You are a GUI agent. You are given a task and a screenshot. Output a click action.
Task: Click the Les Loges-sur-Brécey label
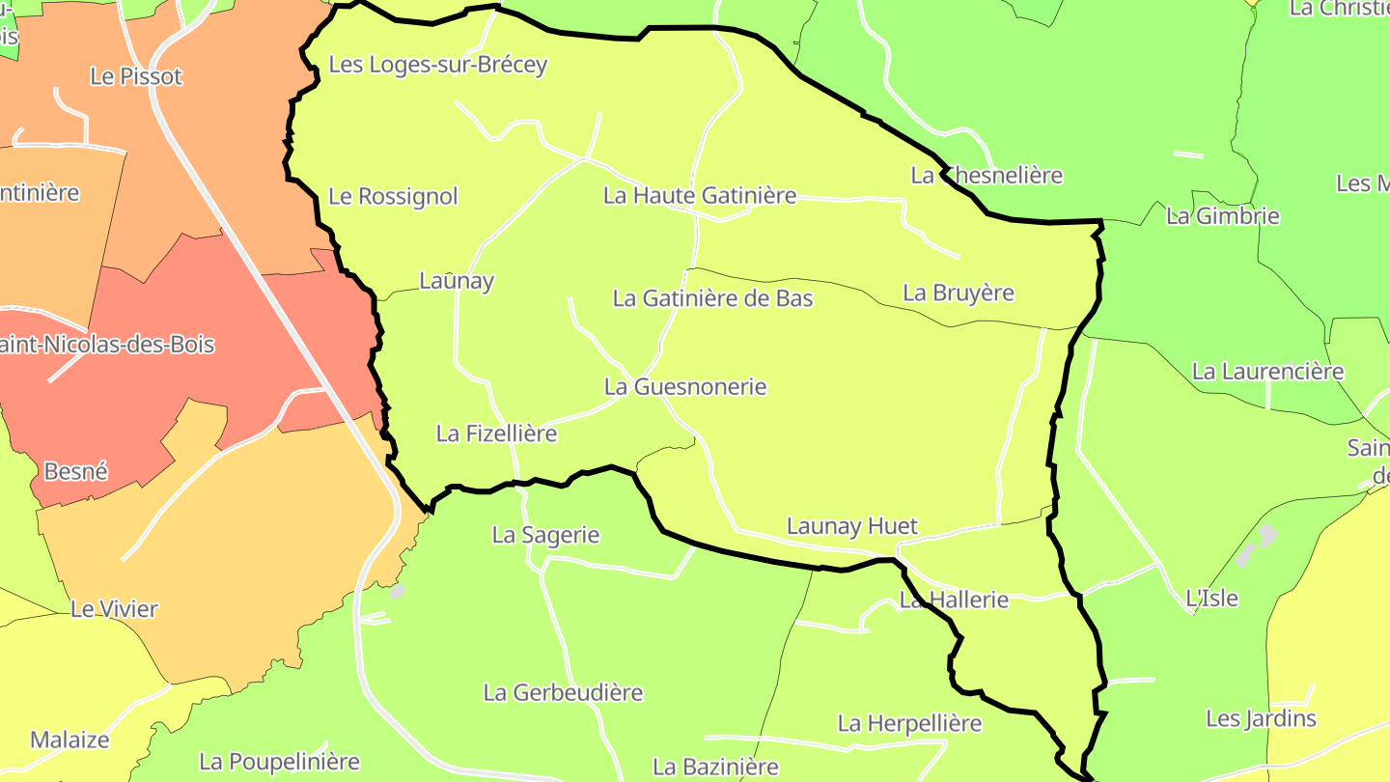pyautogui.click(x=438, y=65)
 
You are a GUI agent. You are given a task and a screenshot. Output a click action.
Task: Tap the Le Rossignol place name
pyautogui.click(x=393, y=196)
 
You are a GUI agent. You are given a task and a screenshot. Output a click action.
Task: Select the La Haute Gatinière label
pyautogui.click(x=700, y=195)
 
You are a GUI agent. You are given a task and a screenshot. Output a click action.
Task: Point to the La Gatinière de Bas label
pyautogui.click(x=712, y=298)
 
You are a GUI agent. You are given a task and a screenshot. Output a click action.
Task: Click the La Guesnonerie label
pyautogui.click(x=684, y=387)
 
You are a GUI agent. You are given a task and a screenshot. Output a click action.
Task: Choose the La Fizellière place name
pyautogui.click(x=496, y=433)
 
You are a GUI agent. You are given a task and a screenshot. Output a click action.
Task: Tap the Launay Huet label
pyautogui.click(x=852, y=526)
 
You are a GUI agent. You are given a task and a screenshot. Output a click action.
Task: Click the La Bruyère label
pyautogui.click(x=959, y=293)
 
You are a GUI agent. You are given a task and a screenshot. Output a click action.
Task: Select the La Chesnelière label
pyautogui.click(x=987, y=176)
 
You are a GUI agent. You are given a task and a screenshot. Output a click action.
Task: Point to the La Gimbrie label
pyautogui.click(x=1222, y=216)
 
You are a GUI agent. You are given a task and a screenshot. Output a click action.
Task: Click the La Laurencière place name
pyautogui.click(x=1267, y=372)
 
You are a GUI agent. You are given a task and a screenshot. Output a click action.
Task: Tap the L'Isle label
pyautogui.click(x=1211, y=599)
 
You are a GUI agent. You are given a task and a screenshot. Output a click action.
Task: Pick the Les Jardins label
pyautogui.click(x=1261, y=719)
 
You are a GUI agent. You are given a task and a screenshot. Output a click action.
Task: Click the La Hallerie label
pyautogui.click(x=954, y=600)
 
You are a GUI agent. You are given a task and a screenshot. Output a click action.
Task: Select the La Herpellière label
pyautogui.click(x=909, y=723)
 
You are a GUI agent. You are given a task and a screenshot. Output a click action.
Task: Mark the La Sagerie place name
pyautogui.click(x=545, y=535)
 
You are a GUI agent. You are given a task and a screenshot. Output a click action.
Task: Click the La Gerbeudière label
pyautogui.click(x=563, y=693)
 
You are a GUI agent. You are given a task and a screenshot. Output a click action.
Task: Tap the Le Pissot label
pyautogui.click(x=136, y=76)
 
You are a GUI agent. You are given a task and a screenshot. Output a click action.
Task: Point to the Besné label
pyautogui.click(x=76, y=472)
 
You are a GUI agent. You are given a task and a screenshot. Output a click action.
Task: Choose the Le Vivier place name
pyautogui.click(x=114, y=609)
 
